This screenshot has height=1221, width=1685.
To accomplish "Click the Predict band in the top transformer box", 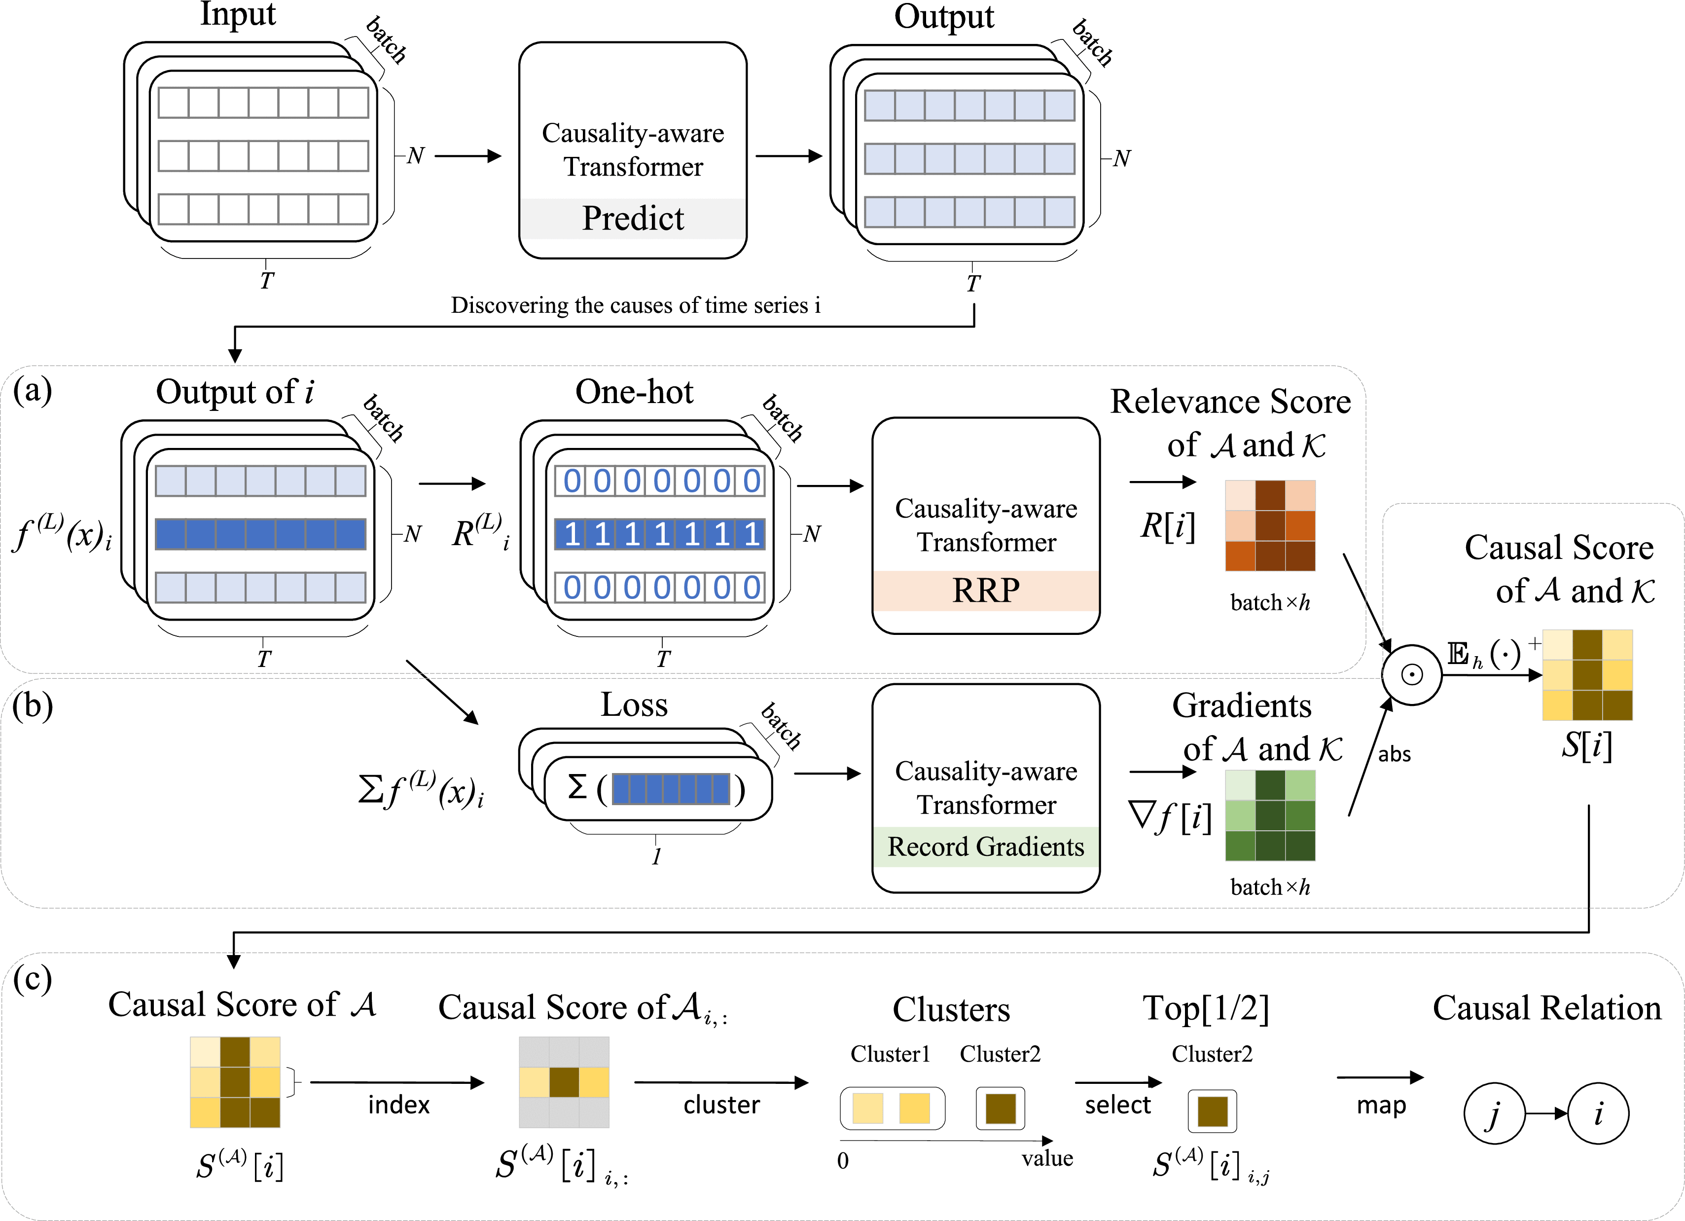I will (x=632, y=219).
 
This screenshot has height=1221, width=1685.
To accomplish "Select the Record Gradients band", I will (x=986, y=847).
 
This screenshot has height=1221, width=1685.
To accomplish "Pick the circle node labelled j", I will (x=1494, y=1113).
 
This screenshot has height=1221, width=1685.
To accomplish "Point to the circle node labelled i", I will (x=1598, y=1113).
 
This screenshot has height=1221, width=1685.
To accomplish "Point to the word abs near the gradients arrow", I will (x=1395, y=754).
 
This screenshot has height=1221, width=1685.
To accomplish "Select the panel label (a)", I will (x=33, y=389).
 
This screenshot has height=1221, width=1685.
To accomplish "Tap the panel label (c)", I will (x=33, y=979).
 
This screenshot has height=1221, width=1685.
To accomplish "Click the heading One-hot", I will (x=635, y=392).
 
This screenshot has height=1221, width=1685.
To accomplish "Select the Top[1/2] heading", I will (x=1206, y=1008).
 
